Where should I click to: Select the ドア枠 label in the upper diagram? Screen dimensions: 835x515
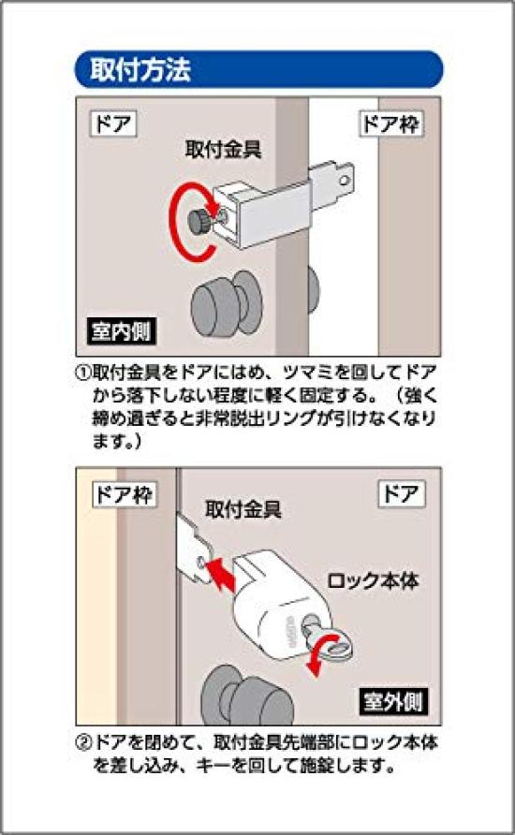coord(391,123)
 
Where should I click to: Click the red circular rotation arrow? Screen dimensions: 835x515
coord(182,225)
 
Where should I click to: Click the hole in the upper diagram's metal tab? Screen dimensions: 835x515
coord(347,174)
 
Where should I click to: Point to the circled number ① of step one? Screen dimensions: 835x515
coord(82,372)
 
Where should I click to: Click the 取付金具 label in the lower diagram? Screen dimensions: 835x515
coord(243,510)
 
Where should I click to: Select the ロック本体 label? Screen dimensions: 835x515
coord(372,580)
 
